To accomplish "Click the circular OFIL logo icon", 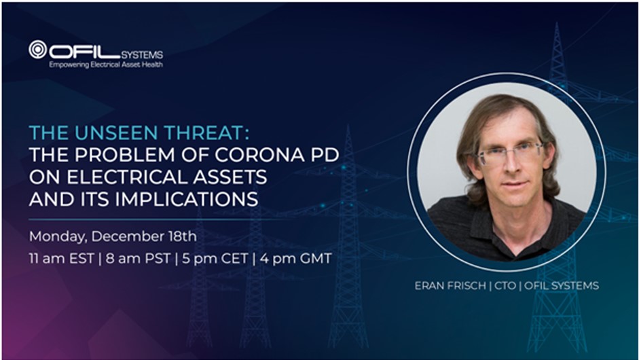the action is [x=38, y=50].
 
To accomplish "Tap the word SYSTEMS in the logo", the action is [x=142, y=54].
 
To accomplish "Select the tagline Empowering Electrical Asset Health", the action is [x=106, y=65].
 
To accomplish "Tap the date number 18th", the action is [x=182, y=236].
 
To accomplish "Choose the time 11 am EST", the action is [x=61, y=259].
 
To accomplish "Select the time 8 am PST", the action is [x=138, y=259].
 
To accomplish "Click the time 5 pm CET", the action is [x=215, y=259].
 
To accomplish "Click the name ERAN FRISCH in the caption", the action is [x=450, y=285].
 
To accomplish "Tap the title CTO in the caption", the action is [x=505, y=285].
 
